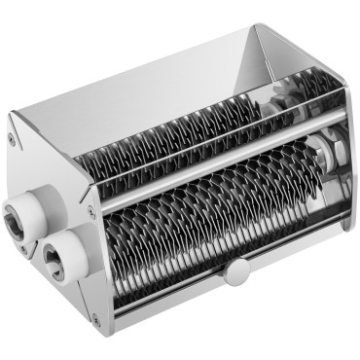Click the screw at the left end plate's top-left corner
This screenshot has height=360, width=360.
(12, 140)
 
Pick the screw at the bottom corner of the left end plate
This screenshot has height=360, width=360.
(94, 318)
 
